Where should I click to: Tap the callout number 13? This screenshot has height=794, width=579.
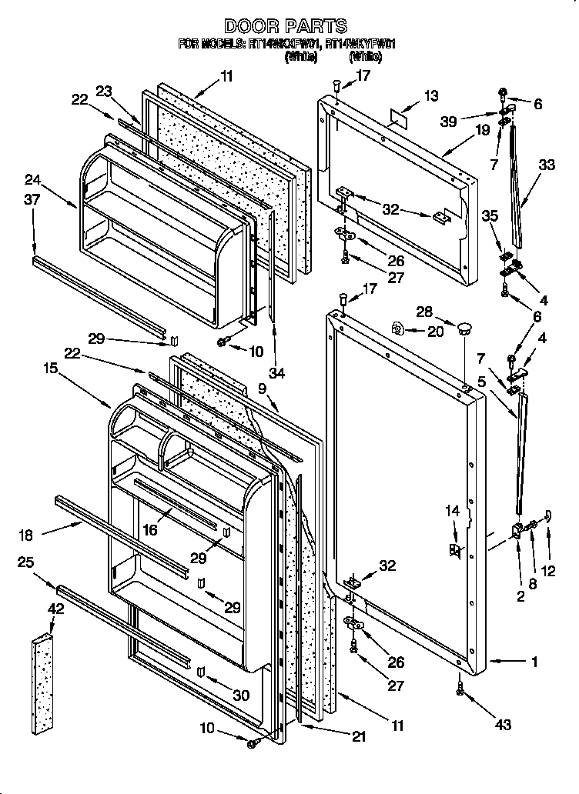point(431,96)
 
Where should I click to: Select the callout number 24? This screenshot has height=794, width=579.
point(32,182)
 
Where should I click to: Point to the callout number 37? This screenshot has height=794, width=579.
point(32,201)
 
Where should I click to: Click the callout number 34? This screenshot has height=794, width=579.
point(277,374)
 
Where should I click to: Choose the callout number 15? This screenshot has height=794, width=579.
point(51,369)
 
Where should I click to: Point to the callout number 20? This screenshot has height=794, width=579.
point(437,331)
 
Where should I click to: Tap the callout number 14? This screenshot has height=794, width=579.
point(453,509)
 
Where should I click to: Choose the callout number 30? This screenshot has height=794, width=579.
point(241,695)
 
